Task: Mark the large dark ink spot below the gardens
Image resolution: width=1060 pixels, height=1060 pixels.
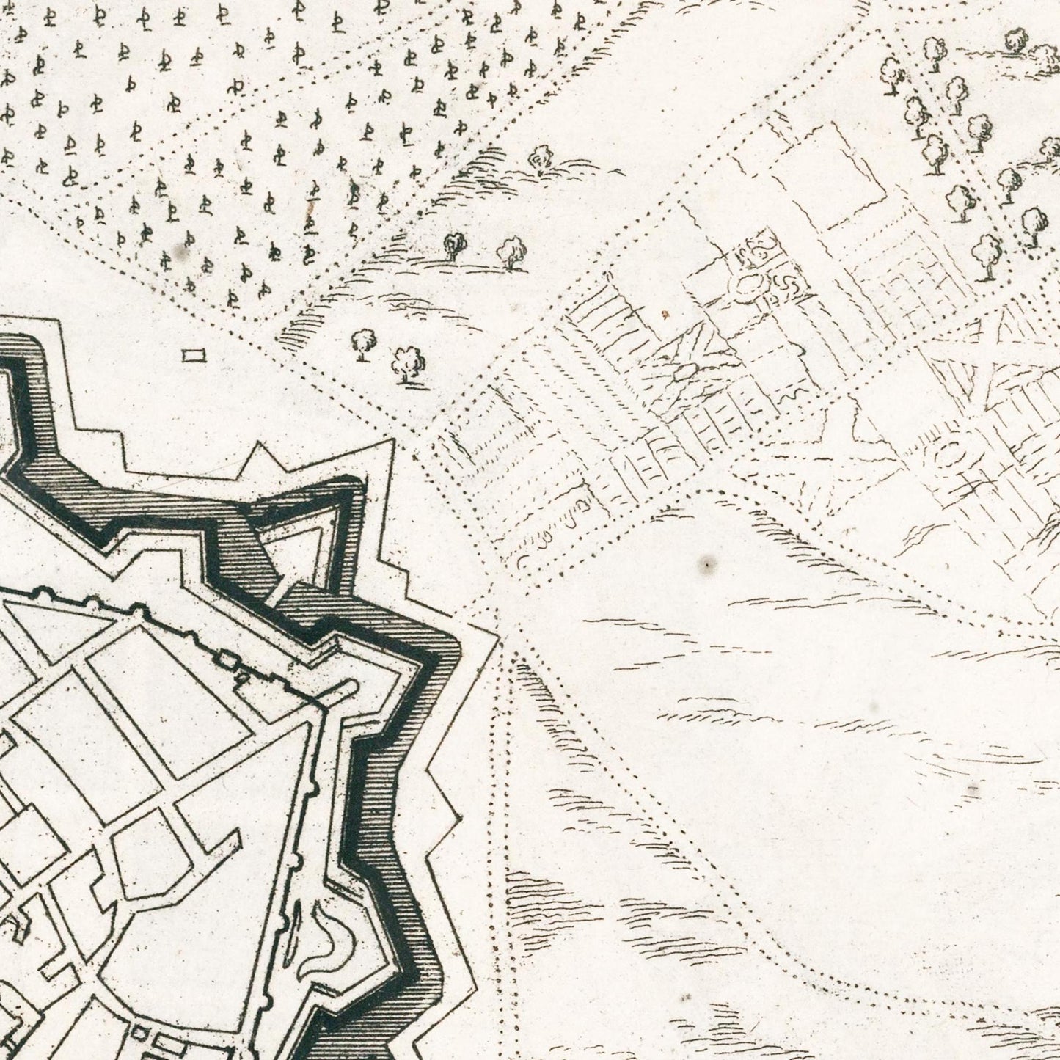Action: (x=708, y=564)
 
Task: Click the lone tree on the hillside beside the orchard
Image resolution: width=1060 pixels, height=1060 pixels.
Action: (x=541, y=157)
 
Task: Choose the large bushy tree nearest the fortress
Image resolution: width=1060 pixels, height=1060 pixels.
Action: (x=408, y=362)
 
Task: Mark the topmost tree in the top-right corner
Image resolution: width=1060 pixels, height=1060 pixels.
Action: (x=1016, y=40)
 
